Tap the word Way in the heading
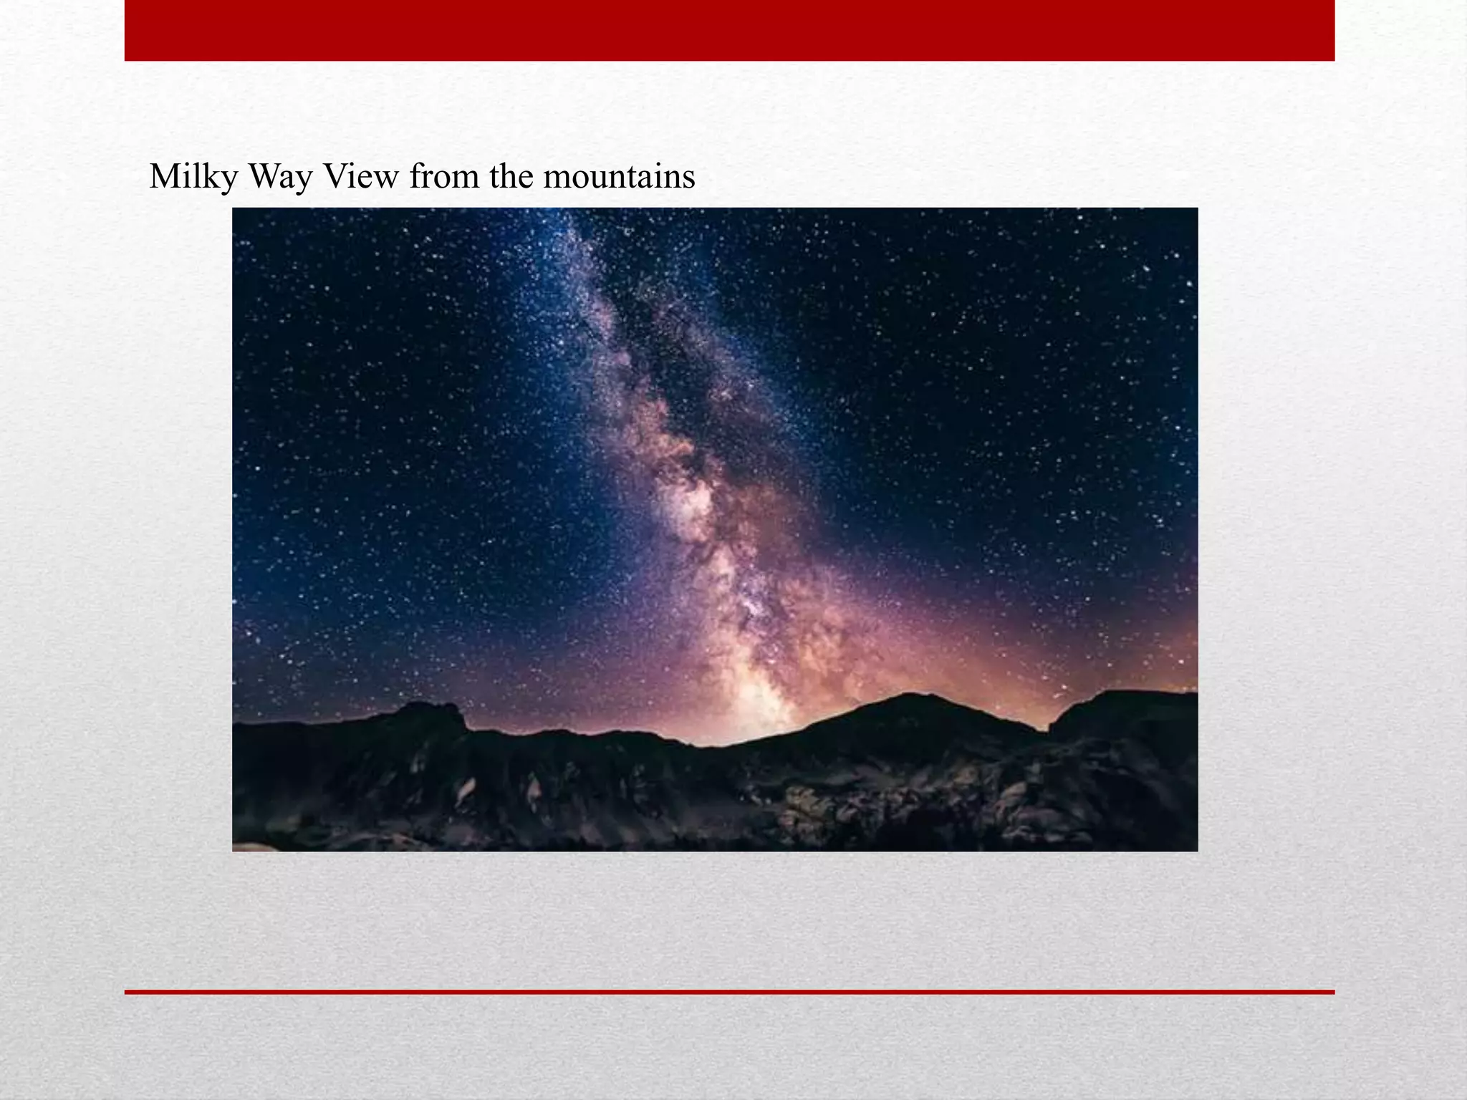(280, 176)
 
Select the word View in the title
(360, 176)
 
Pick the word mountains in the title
(619, 176)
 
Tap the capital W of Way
(264, 176)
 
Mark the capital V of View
(335, 176)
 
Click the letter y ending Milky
(229, 179)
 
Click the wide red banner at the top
(729, 30)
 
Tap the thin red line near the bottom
(729, 992)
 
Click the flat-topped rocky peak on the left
(430, 708)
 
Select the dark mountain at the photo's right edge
(1132, 705)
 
